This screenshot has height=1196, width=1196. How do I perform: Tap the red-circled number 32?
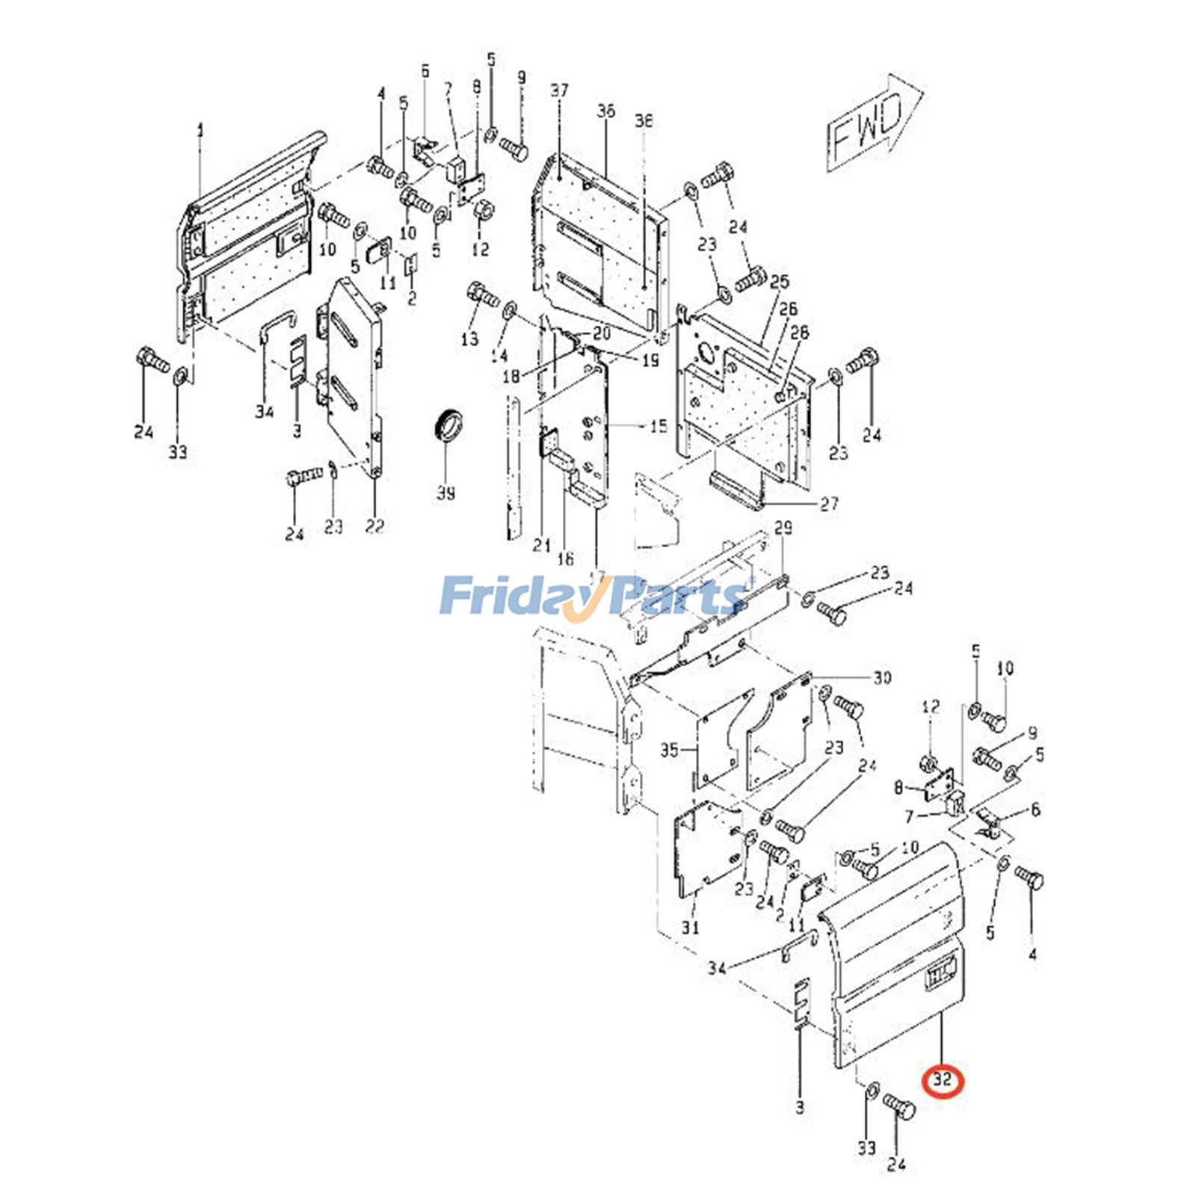click(943, 1079)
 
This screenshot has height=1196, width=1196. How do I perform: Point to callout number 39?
click(446, 493)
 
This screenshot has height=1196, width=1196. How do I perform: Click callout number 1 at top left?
click(200, 132)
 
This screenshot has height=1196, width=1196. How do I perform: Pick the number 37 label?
click(559, 90)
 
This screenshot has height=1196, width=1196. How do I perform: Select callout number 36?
click(605, 111)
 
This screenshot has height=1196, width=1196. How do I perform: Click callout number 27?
click(829, 504)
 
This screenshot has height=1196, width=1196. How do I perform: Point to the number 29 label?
click(783, 528)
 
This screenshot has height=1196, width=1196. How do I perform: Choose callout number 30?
click(882, 677)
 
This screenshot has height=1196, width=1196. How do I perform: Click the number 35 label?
click(669, 749)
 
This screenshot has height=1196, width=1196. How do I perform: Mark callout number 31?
click(690, 927)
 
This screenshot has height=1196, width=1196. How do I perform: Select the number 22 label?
click(374, 526)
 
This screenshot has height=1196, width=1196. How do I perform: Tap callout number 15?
click(658, 427)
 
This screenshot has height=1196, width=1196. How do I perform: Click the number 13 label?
click(469, 339)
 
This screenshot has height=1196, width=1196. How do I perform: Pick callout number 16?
click(565, 558)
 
